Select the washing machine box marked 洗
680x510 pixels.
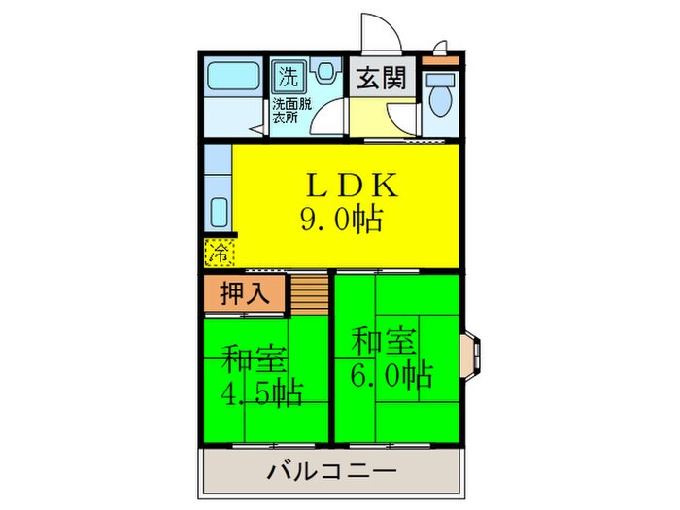(288, 73)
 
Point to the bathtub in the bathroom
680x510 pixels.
(230, 75)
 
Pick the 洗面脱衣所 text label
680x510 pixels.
(291, 110)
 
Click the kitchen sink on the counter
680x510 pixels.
(218, 212)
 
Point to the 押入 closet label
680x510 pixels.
(245, 291)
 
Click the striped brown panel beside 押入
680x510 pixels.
(308, 293)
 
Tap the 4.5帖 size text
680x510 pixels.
(260, 393)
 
